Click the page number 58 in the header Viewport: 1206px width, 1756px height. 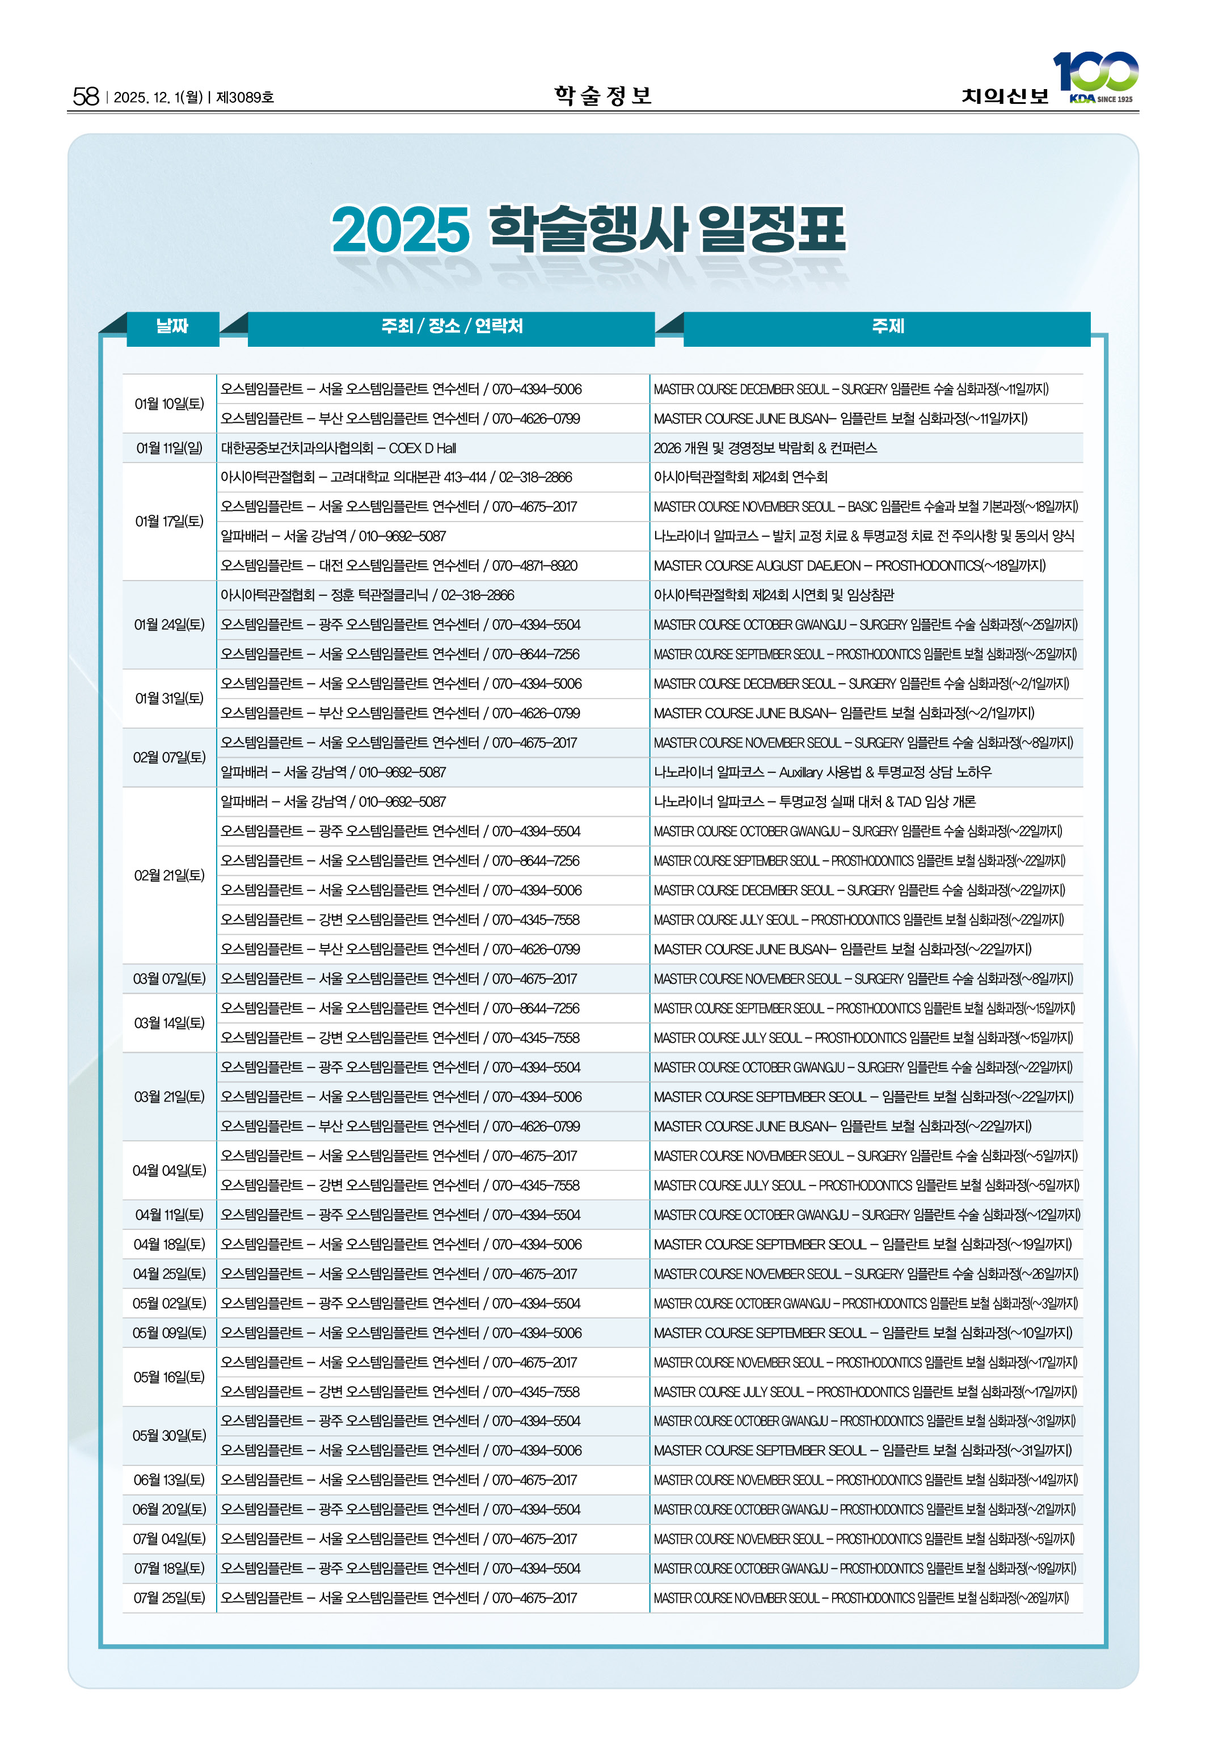tap(86, 96)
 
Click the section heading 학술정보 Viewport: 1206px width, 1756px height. tap(602, 95)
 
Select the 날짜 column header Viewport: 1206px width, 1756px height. tap(172, 326)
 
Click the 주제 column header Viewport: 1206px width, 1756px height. tap(887, 326)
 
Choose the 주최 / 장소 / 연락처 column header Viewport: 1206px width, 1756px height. tap(451, 326)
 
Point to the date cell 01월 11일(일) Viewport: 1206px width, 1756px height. tap(169, 448)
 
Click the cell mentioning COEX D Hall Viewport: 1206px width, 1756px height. tap(339, 448)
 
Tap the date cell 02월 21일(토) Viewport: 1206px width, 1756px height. tap(169, 875)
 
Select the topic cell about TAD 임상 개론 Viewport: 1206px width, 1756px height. tap(814, 801)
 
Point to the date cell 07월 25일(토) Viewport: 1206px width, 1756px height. tap(169, 1598)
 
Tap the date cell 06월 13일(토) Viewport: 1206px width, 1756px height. tap(169, 1480)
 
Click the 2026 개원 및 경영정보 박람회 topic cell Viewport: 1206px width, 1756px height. tap(765, 448)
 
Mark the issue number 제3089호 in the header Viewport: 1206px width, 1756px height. tap(245, 98)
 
